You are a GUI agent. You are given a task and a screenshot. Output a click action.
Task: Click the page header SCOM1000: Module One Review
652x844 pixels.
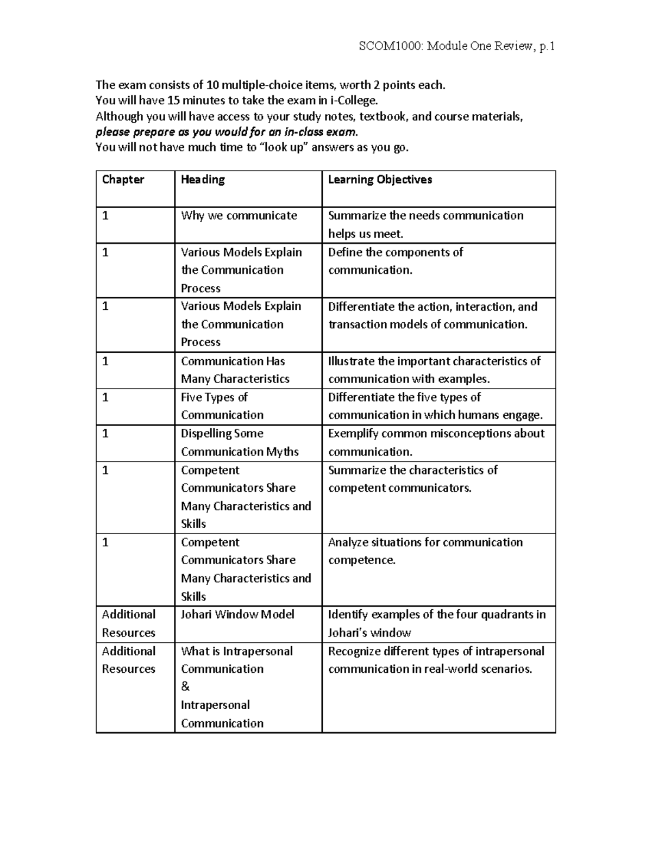point(456,46)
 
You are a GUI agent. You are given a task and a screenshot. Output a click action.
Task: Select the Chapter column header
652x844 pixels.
point(123,180)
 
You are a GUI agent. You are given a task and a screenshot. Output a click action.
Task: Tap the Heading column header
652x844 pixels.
point(203,180)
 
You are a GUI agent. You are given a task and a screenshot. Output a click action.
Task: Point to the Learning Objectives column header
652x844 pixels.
point(380,180)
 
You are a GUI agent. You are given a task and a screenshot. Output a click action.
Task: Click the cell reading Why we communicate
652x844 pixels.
point(239,216)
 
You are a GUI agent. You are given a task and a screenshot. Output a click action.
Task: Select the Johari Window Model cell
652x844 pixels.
point(237,615)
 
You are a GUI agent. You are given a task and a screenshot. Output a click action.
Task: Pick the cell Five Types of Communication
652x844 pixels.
point(222,406)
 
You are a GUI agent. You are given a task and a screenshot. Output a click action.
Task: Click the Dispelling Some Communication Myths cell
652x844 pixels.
point(240,442)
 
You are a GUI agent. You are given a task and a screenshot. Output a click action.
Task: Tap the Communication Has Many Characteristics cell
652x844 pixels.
point(235,370)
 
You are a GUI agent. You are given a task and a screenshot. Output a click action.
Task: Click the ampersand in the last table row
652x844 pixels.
point(185,687)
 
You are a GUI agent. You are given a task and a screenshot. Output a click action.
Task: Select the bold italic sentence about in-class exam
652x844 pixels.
point(227,132)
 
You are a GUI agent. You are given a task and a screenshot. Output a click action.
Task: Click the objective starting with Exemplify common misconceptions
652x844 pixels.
point(436,442)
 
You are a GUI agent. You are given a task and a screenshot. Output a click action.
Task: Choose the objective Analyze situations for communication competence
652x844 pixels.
point(425,551)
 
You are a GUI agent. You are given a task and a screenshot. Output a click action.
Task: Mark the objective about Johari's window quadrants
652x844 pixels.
point(436,623)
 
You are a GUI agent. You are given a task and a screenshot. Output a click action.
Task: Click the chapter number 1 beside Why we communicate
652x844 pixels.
point(105,216)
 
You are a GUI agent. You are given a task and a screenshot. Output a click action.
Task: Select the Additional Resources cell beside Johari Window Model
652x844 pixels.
point(129,623)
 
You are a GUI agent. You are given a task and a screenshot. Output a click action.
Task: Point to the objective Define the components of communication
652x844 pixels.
point(395,261)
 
